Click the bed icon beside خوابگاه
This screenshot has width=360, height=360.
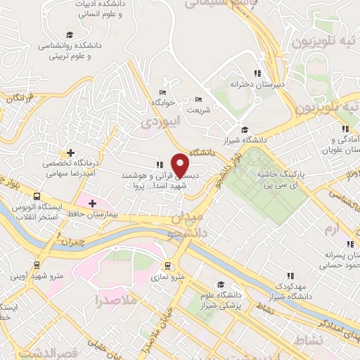point(163,92)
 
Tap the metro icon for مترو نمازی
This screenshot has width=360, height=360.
point(168,266)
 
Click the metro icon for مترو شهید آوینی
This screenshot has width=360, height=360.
point(36,266)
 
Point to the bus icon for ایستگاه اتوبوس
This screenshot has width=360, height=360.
point(36,198)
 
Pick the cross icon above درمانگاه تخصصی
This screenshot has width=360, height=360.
point(70,153)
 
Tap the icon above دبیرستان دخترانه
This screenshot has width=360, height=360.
point(257,73)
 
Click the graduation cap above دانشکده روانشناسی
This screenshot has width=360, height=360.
point(69,35)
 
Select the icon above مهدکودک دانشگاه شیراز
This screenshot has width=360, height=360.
point(290,276)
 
